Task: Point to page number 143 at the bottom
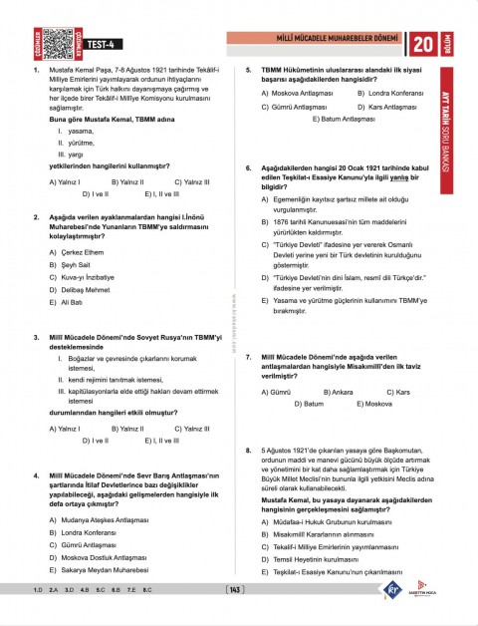(x=236, y=590)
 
